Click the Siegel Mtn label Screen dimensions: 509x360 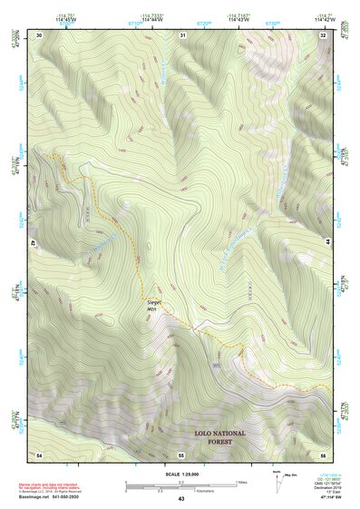click(153, 304)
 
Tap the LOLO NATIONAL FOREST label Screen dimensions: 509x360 click(212, 437)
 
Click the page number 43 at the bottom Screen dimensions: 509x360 click(180, 499)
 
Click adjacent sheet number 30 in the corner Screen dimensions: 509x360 click(39, 34)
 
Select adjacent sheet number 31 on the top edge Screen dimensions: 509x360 click(182, 34)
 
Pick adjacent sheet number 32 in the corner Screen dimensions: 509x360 click(323, 34)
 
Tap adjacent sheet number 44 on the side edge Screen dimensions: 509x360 click(327, 243)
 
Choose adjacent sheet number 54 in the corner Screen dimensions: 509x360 click(39, 453)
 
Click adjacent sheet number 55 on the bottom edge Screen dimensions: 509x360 click(181, 453)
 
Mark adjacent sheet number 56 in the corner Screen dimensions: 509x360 click(323, 453)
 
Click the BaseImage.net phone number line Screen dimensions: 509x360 click(53, 496)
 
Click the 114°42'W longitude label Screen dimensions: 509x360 click(322, 19)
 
